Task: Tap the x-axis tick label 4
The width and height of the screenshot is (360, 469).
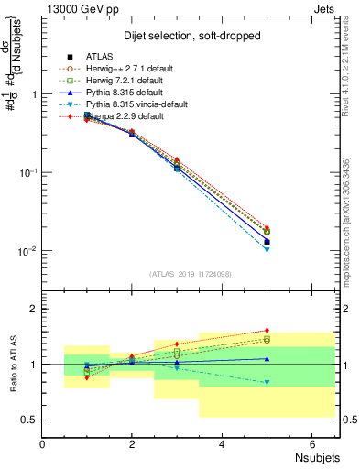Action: click(223, 444)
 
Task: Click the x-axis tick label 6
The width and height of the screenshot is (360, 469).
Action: click(312, 444)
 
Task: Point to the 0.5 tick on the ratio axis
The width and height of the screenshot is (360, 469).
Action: click(31, 420)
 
